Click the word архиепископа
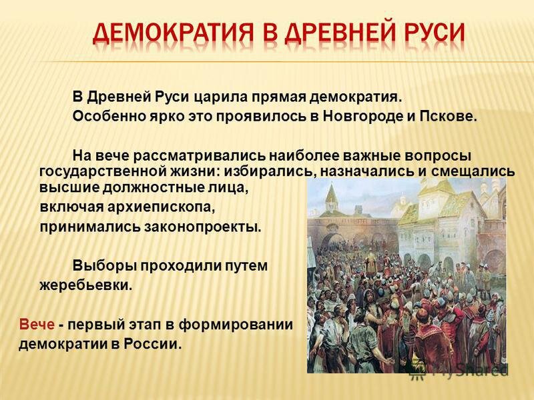(x=162, y=207)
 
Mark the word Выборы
(x=103, y=265)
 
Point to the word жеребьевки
(x=86, y=285)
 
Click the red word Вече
(x=37, y=324)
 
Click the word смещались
(x=473, y=171)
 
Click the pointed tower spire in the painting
(x=330, y=191)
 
